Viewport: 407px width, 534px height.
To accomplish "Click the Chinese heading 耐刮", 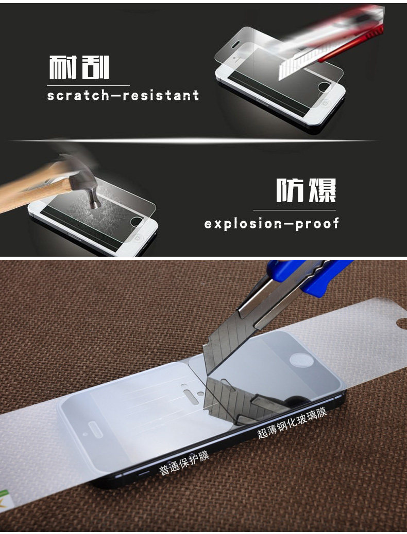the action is [79, 67].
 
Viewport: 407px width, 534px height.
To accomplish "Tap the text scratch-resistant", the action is [123, 95].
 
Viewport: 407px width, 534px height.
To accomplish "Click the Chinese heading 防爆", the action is [306, 190].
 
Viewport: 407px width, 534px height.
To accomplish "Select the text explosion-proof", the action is [272, 224].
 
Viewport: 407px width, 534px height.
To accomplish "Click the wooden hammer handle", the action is [34, 191].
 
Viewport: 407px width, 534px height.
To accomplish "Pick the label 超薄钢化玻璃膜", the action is [292, 423].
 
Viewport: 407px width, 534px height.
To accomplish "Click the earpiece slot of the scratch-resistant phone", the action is [236, 44].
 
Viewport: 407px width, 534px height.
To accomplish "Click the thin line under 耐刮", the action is [88, 85].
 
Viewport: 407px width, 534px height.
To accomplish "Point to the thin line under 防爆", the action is [294, 210].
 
